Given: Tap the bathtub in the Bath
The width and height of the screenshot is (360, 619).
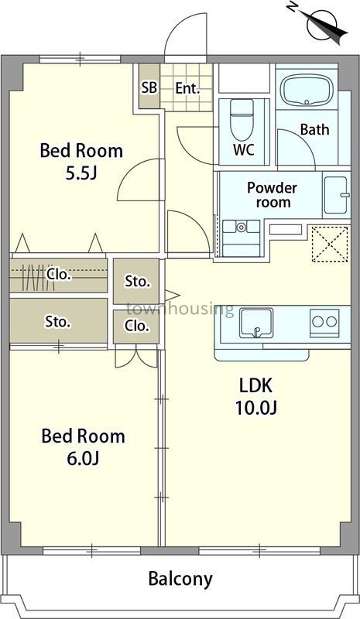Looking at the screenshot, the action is pos(307,91).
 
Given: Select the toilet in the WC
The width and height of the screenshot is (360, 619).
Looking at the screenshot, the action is pos(242,118).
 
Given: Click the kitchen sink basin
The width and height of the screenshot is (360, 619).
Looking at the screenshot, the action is pos(256,323).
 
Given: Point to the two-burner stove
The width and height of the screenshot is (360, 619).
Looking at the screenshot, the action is pos(324,323).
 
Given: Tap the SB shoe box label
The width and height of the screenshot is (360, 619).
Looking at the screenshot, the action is pos(149,88).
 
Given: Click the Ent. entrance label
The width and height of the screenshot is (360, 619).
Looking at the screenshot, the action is pos(187,88).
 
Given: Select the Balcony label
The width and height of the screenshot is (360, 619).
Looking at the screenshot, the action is pos(180,579).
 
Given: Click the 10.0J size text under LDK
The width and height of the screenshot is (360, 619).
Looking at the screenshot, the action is pos(256,408).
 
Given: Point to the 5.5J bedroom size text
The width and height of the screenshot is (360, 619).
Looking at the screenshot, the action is pos(81,173).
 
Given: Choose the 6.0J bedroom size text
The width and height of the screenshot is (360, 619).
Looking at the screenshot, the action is pos(83,458).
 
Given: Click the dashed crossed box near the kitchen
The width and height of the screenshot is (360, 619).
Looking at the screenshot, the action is pos(331,244).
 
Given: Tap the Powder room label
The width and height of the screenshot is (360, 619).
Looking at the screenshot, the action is pos(272,195).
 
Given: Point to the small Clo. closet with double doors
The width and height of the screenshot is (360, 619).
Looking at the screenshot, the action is pos(136,327).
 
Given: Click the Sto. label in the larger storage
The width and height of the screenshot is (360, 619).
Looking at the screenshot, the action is pos(58,321).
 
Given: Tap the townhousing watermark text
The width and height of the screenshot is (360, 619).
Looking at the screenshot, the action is pos(180,309).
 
